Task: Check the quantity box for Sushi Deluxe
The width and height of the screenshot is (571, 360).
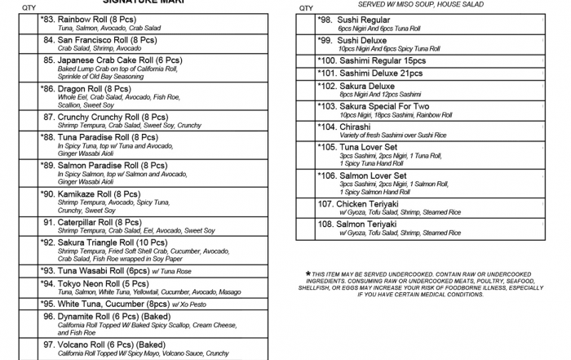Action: point(306,43)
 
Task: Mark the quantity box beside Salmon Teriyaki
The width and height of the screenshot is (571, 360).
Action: point(306,228)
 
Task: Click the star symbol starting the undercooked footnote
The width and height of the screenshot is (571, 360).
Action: point(308,273)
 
